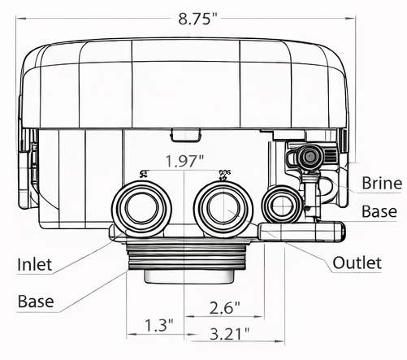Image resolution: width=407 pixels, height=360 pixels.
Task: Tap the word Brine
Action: (382, 183)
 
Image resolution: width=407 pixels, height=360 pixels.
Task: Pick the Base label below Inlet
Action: (37, 301)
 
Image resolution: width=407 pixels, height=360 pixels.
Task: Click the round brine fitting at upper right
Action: (309, 156)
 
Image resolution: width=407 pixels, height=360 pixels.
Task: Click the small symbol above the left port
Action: (144, 173)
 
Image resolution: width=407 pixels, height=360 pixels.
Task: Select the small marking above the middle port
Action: (225, 173)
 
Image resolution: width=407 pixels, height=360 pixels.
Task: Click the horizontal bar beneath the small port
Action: (303, 232)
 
